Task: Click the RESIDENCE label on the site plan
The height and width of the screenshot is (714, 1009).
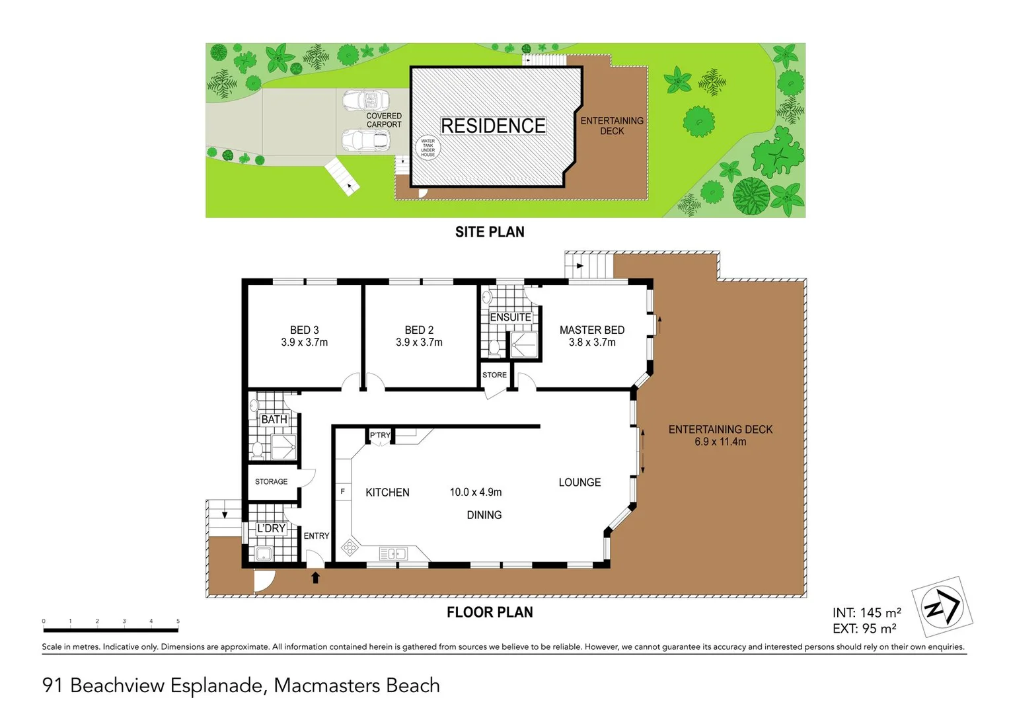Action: click(x=493, y=126)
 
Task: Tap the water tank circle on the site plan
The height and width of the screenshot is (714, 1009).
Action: click(x=428, y=147)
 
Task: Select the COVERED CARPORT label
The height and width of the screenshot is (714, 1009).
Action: click(x=384, y=120)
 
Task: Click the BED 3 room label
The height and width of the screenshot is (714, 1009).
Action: click(x=304, y=330)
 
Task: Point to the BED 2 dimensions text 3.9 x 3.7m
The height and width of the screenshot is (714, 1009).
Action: click(x=419, y=342)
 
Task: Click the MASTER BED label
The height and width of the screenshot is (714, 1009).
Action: click(x=591, y=330)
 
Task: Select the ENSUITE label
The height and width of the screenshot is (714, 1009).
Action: click(x=510, y=317)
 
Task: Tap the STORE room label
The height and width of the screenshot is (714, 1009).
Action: click(x=494, y=375)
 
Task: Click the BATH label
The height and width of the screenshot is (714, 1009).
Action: click(x=274, y=419)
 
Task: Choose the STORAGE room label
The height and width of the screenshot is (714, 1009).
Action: click(x=271, y=482)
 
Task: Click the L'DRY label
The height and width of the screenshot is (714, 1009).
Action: click(x=271, y=528)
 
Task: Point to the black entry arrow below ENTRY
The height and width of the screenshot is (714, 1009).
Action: click(x=316, y=577)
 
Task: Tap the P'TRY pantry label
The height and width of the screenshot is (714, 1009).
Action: click(x=380, y=435)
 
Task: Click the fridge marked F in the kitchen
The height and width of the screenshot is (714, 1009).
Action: click(x=342, y=492)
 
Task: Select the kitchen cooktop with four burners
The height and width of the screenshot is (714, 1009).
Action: click(x=350, y=547)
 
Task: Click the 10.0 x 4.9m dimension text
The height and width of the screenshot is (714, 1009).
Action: click(x=475, y=492)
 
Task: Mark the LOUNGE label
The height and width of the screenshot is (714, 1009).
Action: click(x=579, y=483)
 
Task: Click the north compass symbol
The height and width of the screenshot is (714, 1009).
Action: click(x=942, y=607)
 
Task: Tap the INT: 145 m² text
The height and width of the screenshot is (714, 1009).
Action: click(x=866, y=613)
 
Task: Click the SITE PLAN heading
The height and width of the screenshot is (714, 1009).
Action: click(x=490, y=232)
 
